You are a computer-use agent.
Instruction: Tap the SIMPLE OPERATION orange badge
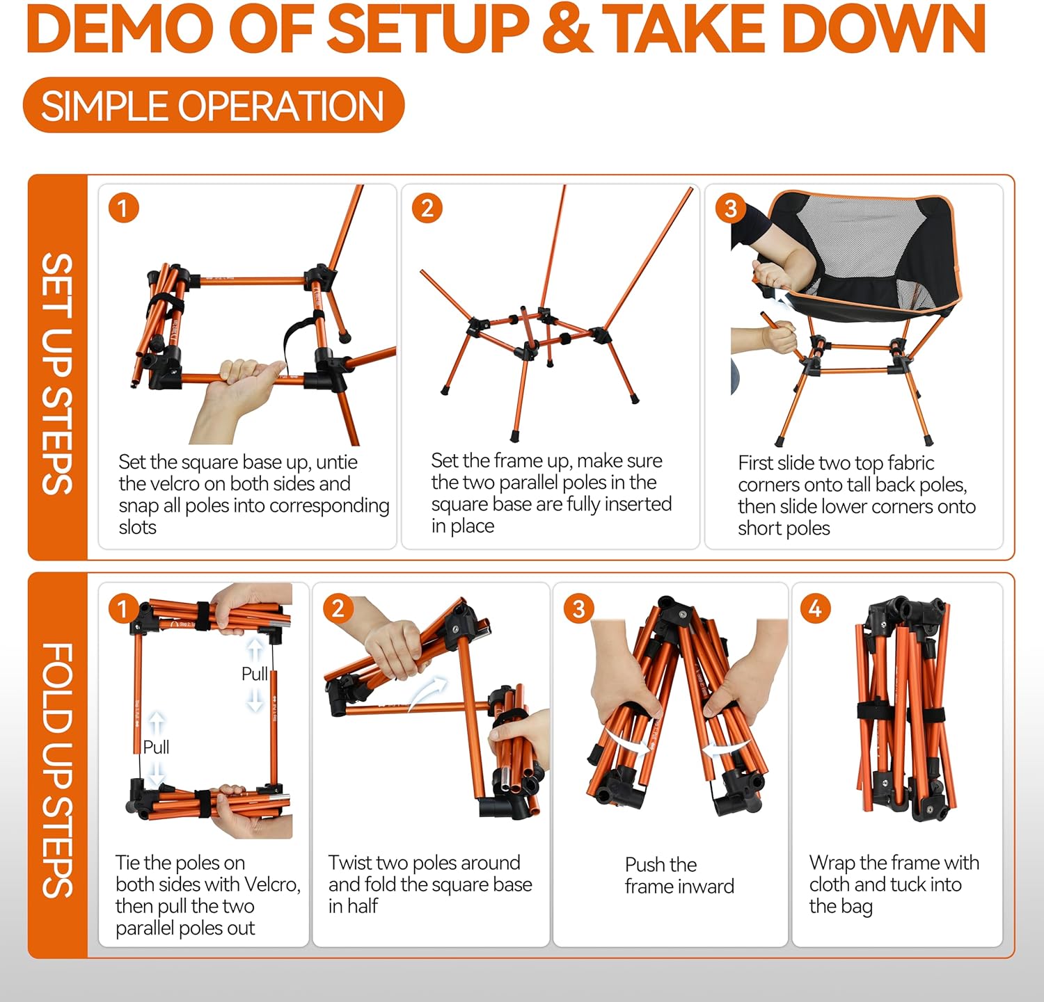tap(213, 106)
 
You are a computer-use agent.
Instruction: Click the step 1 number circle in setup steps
tap(123, 208)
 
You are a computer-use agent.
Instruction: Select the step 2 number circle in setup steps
tap(427, 208)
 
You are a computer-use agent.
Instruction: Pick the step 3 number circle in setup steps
tap(730, 208)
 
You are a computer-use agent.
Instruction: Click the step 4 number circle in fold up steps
tap(815, 609)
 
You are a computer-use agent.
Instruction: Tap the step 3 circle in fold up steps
tap(578, 609)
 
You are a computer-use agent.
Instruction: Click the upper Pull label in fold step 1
tap(254, 674)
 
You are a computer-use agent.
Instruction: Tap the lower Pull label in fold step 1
tap(156, 747)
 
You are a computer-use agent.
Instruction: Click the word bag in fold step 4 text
tap(856, 907)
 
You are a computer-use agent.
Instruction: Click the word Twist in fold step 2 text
tap(351, 863)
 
